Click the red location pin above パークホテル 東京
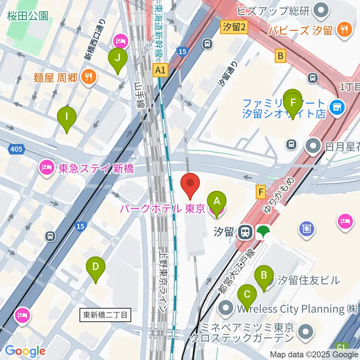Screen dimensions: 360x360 [190, 184]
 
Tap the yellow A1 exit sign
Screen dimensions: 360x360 [160, 70]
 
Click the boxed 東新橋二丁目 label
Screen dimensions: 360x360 [106, 315]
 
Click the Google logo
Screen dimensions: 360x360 [25, 351]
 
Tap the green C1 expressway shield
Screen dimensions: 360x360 [340, 347]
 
